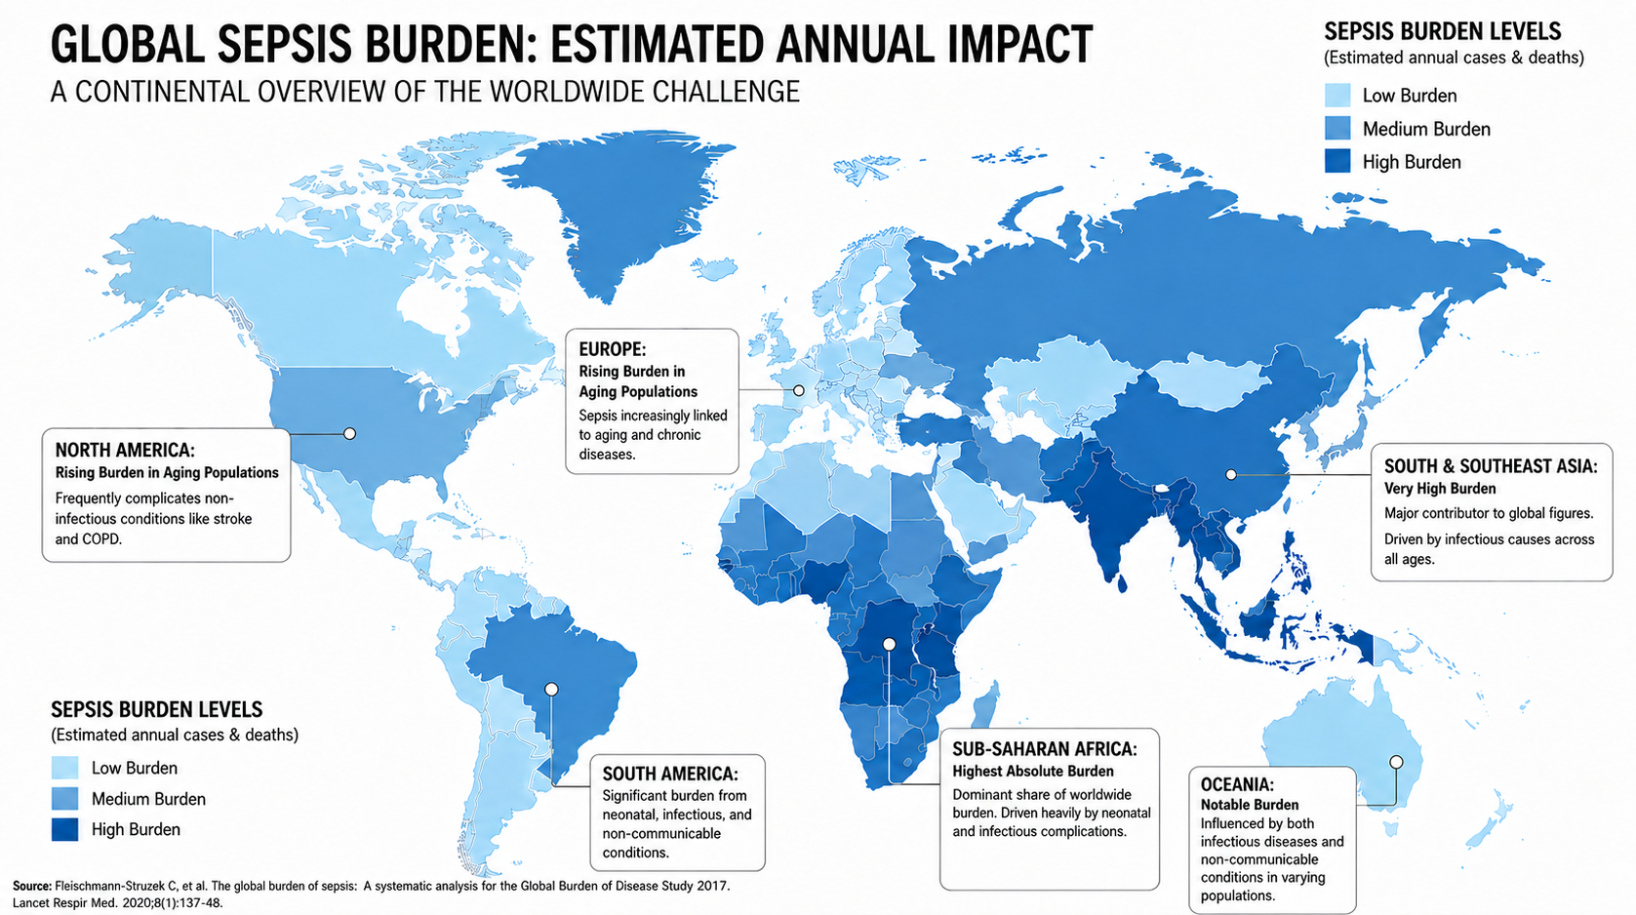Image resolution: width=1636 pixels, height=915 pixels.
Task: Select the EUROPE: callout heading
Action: [x=612, y=349]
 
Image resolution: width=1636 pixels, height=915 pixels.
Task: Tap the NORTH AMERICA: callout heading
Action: [x=125, y=450]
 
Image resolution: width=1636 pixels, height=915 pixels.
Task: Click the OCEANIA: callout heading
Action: [x=1237, y=784]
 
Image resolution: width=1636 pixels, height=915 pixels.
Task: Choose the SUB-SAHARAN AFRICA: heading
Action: [x=1045, y=748]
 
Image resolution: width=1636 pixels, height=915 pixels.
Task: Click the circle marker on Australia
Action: [x=1396, y=762]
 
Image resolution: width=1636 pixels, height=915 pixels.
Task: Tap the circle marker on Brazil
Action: [x=551, y=690]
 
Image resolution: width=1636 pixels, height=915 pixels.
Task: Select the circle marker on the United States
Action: [x=350, y=434]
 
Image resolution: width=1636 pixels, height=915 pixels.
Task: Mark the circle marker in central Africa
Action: [x=889, y=644]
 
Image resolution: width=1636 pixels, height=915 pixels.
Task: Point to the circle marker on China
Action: [x=1230, y=475]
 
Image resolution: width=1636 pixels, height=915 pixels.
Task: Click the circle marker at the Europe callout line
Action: [x=798, y=391]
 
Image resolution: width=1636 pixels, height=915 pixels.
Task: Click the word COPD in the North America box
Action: [x=100, y=539]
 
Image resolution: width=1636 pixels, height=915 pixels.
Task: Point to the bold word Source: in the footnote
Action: [x=32, y=886]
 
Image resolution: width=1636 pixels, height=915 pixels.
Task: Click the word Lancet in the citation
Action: [x=32, y=903]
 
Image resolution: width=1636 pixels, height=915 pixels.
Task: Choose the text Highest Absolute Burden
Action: [x=1033, y=772]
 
